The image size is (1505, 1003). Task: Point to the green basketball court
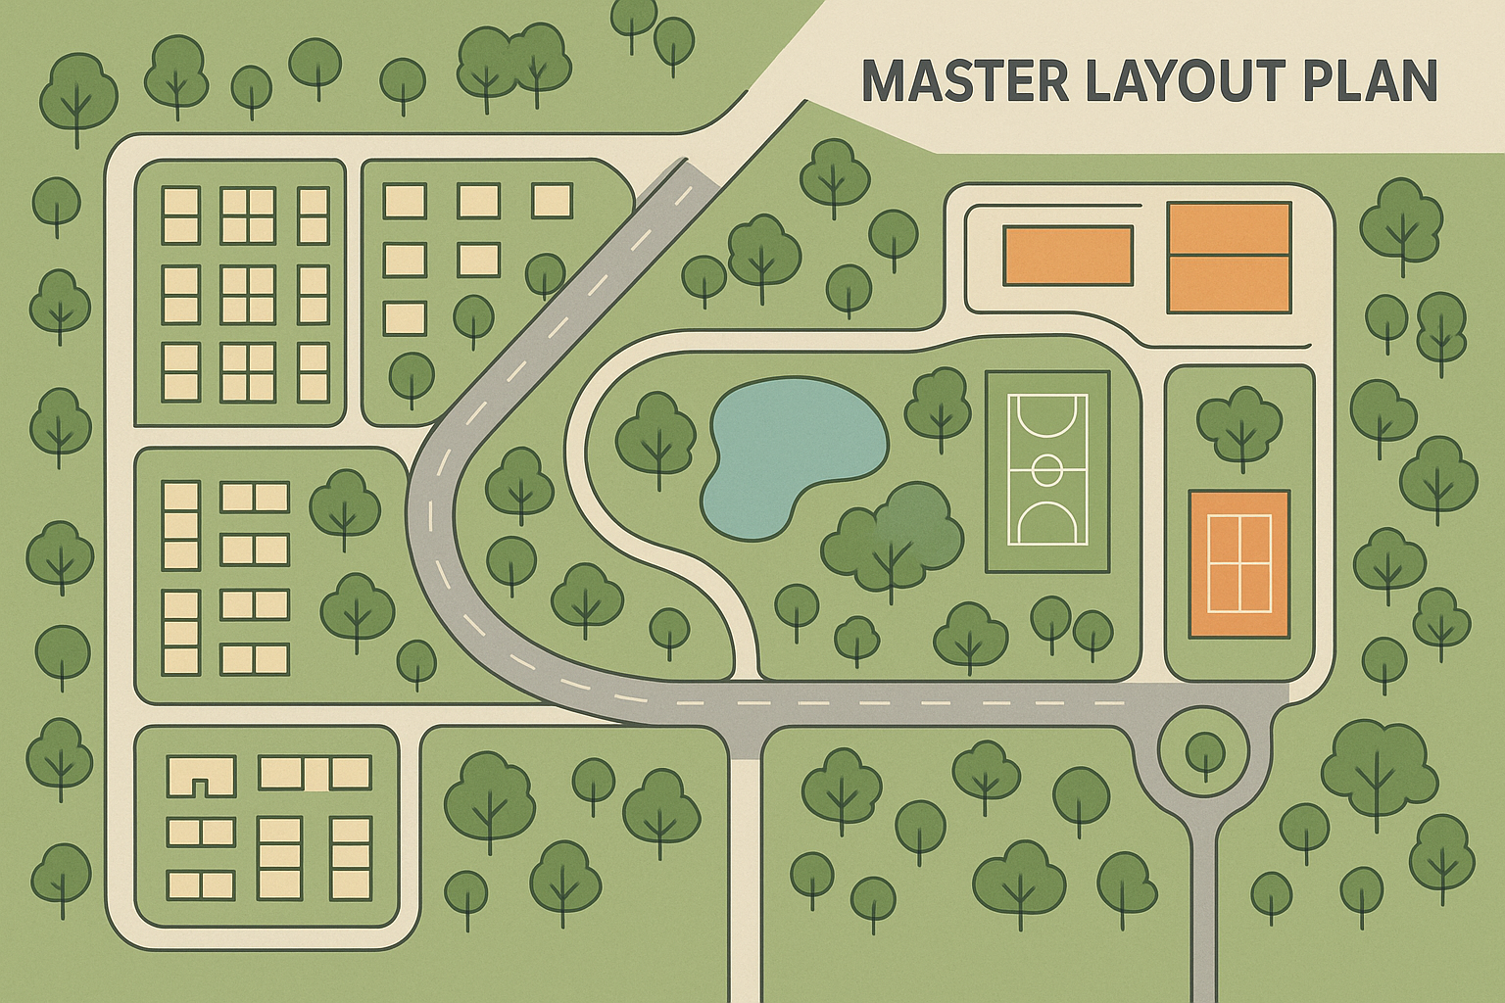pos(1047,471)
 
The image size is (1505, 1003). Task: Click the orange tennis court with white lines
pos(1239,563)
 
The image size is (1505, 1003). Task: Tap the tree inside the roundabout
pos(1203,752)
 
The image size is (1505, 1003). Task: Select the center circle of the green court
pos(1047,470)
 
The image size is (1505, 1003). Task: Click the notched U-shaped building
pos(202,775)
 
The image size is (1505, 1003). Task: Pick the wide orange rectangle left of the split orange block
pos(1068,255)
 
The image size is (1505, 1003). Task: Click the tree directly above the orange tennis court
pos(1238,423)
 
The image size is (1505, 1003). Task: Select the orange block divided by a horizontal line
pos(1228,258)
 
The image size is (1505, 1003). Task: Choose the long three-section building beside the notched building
pos(315,773)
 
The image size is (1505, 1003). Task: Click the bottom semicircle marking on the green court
pos(1047,527)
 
